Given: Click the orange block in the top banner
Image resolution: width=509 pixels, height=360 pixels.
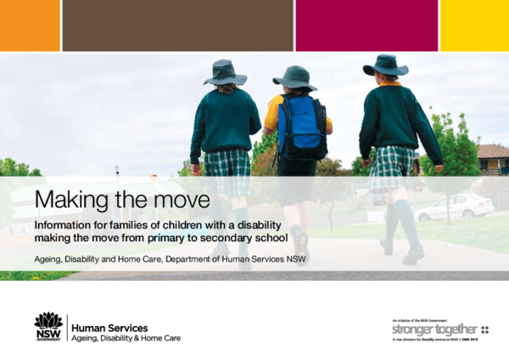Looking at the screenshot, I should tap(30, 25).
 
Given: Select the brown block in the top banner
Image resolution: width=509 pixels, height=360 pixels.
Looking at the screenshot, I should tap(177, 25).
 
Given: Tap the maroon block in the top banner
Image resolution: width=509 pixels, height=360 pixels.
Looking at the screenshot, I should tap(366, 25).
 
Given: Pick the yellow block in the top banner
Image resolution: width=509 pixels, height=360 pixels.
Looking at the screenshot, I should tap(474, 25).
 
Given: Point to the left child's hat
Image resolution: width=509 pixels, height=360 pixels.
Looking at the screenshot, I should tap(226, 71).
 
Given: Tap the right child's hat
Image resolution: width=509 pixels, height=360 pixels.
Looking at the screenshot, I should tap(386, 65).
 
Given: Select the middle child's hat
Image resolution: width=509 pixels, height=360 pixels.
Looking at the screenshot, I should tap(294, 77).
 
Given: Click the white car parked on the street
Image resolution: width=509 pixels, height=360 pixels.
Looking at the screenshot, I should tap(455, 206).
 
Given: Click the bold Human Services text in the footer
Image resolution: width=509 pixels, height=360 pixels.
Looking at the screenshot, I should tap(110, 327).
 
